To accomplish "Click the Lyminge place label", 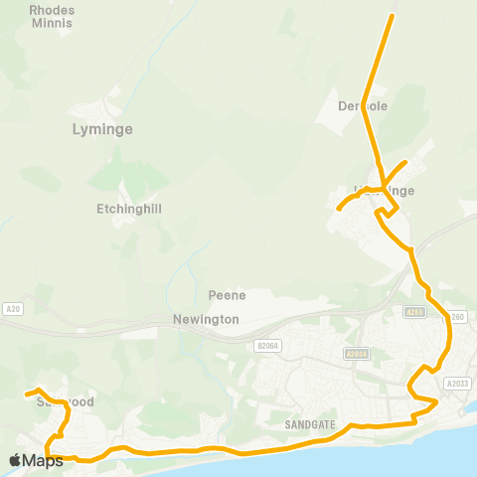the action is (102, 129).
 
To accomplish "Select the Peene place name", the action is (227, 295).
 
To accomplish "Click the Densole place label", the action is (362, 105).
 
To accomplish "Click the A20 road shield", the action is (12, 308).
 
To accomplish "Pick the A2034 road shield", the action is (357, 353).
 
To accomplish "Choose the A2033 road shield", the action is (457, 384).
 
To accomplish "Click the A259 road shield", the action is (414, 312).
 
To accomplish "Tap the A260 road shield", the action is (456, 317).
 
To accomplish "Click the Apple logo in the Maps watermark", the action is (15, 460).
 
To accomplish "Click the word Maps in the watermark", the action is (45, 460).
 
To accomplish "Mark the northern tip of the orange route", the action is (392, 16).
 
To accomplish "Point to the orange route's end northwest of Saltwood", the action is (27, 395).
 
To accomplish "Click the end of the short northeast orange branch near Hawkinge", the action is (405, 162).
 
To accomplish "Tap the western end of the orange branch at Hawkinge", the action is (339, 209).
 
